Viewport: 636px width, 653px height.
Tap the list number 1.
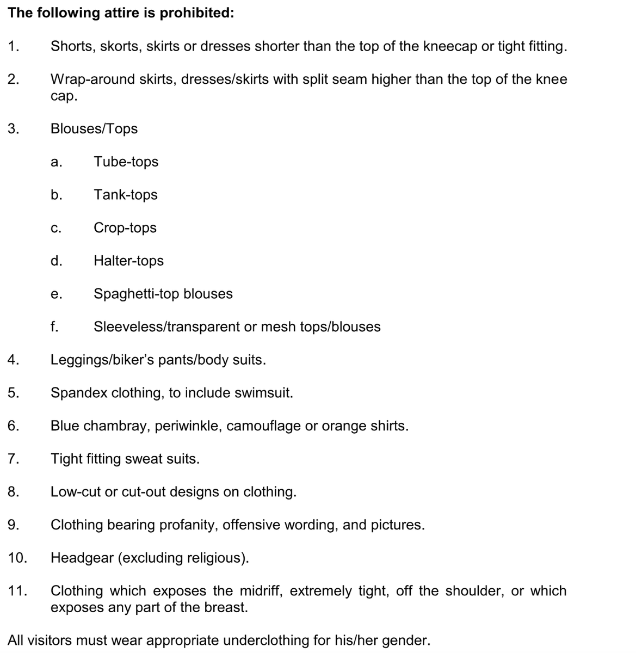14,46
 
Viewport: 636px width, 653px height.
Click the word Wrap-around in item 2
86,79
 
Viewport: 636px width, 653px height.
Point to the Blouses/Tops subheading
94,129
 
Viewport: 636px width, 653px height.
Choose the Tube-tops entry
126,162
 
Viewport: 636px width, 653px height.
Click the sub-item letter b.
56,195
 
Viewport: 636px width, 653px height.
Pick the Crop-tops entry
125,228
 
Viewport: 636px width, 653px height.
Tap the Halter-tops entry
128,261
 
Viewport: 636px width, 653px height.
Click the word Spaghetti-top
137,294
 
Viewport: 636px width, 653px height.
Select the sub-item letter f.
54,326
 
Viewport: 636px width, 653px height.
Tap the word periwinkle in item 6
188,426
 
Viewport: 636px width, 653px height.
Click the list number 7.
14,459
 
